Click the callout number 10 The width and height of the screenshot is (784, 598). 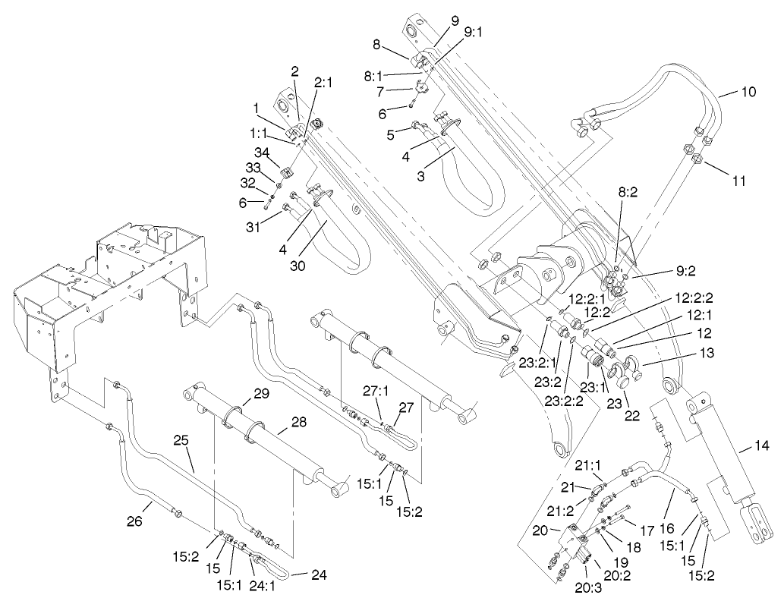click(748, 93)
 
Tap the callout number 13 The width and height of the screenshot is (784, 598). click(707, 353)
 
